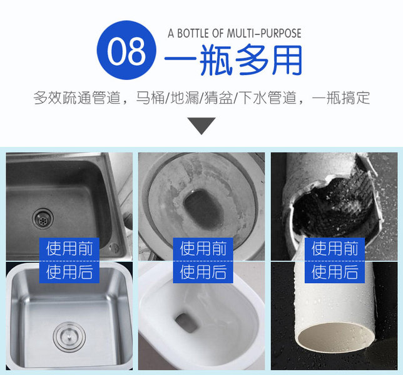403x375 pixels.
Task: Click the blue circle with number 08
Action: click(126, 50)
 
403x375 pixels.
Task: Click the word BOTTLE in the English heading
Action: click(192, 33)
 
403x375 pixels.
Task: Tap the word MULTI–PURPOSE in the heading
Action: click(263, 33)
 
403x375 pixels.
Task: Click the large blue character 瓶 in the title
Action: click(216, 60)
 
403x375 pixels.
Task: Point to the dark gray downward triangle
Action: click(201, 125)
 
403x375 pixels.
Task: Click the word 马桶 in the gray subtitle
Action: click(150, 97)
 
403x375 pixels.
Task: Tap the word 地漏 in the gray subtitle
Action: click(185, 97)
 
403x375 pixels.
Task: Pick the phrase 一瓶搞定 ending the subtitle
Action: click(341, 97)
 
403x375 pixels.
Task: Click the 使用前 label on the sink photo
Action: click(69, 248)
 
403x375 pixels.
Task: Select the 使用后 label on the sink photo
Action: click(69, 272)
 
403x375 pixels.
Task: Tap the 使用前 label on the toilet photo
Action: click(203, 248)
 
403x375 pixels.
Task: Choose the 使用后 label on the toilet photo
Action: click(203, 272)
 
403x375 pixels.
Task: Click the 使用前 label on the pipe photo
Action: click(335, 248)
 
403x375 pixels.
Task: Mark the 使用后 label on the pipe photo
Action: click(335, 272)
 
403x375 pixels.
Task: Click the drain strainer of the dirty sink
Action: click(43, 219)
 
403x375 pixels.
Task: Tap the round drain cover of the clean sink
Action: click(69, 337)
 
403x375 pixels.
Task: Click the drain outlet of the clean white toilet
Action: click(186, 323)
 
